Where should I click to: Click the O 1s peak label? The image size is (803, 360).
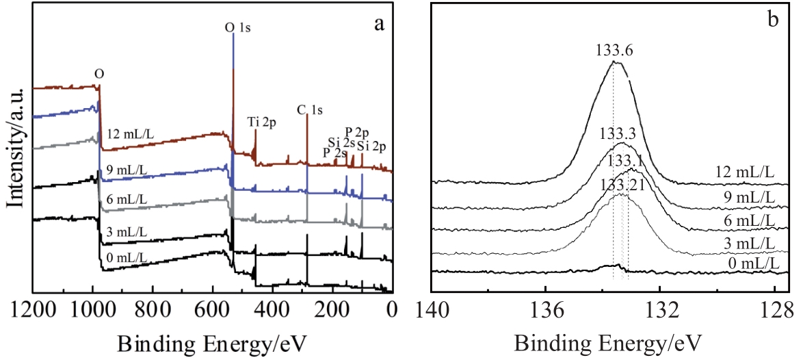coord(239,28)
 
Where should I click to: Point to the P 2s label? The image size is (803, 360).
coord(335,152)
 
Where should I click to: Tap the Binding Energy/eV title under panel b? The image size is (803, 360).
coord(609,340)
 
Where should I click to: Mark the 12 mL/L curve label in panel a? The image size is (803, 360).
coord(135,133)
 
